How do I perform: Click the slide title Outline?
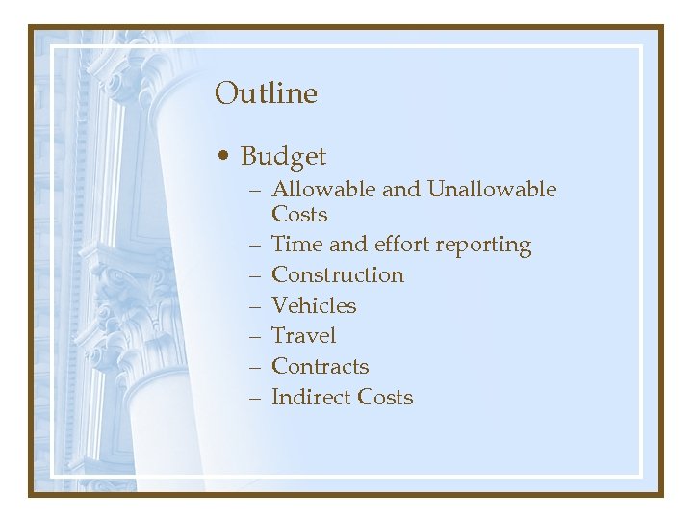tap(266, 93)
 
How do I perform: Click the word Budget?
tap(283, 157)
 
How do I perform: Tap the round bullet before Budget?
tap(223, 156)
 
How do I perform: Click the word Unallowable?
tap(492, 190)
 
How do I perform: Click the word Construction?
tap(338, 275)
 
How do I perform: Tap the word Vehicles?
tap(314, 306)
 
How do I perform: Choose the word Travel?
tap(304, 336)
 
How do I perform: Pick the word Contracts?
tap(321, 367)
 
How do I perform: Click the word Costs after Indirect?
tap(385, 398)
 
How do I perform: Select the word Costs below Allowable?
tap(299, 215)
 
